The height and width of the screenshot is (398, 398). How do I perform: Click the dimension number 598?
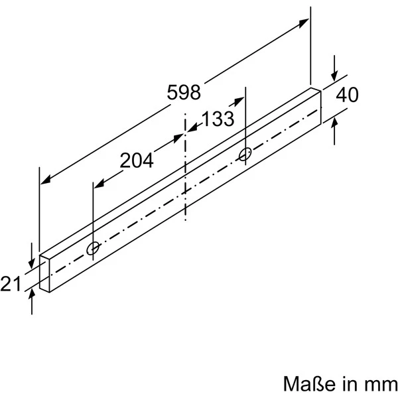184,92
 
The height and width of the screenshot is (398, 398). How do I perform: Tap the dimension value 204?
137,159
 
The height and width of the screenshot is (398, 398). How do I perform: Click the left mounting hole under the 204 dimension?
94,248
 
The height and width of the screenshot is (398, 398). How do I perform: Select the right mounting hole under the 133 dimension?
245,154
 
